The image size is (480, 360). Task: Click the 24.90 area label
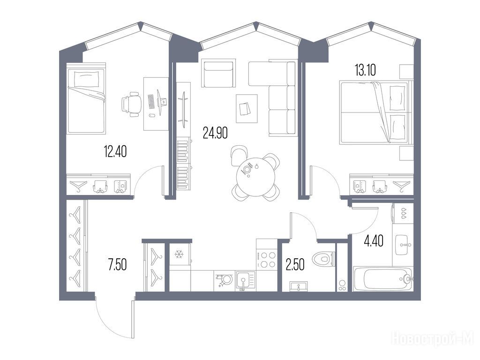tap(215, 133)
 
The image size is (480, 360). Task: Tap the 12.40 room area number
tap(115, 151)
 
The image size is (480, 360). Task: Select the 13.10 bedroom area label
tap(365, 70)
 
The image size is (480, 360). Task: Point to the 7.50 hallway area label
tap(117, 264)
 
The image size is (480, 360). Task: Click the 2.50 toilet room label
tap(295, 265)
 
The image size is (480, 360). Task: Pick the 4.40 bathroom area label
tap(374, 241)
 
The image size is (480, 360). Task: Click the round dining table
tap(255, 177)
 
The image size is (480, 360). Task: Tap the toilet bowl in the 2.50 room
tap(323, 259)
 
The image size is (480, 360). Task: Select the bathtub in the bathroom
tap(382, 279)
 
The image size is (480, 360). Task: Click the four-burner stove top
tap(266, 259)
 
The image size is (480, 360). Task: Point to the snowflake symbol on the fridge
tap(178, 254)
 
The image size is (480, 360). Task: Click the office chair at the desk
tap(131, 104)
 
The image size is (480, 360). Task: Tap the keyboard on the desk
tap(151, 102)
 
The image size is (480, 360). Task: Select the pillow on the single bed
tap(87, 79)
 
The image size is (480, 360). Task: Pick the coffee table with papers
tap(247, 108)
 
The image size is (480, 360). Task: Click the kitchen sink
tap(245, 281)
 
